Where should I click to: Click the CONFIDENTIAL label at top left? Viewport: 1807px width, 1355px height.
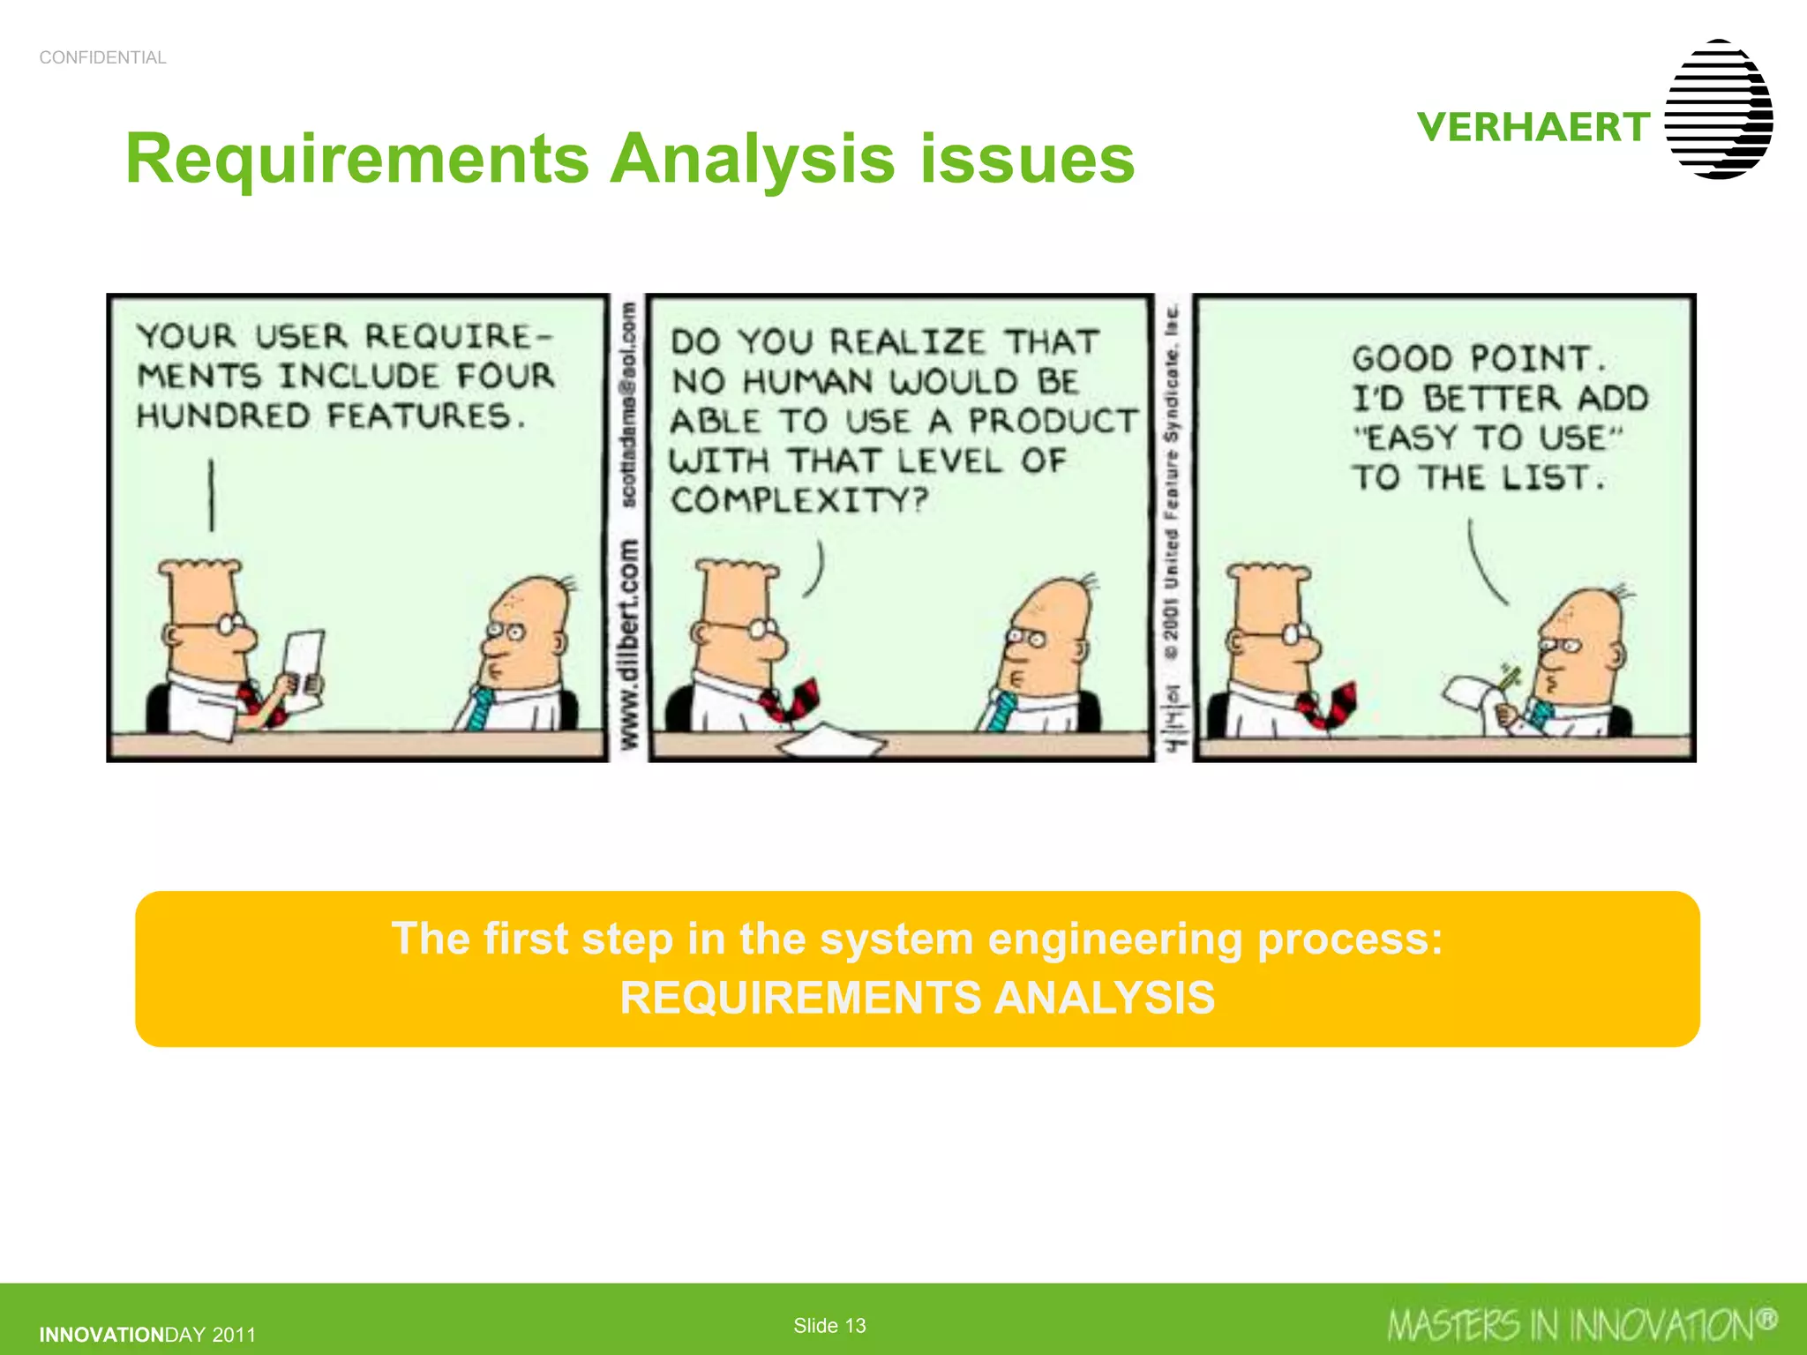102,58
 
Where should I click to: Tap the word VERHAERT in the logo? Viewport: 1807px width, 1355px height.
1533,127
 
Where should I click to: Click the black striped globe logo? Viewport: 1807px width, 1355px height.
1719,109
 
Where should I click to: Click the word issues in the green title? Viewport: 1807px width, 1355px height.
1027,160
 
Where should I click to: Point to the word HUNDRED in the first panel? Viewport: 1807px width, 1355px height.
222,415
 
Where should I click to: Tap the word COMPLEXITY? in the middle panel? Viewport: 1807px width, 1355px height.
799,501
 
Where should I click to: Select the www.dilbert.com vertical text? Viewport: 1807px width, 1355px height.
628,644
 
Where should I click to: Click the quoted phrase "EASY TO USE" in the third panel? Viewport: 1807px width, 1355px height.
1488,438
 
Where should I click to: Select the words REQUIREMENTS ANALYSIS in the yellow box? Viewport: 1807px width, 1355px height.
917,999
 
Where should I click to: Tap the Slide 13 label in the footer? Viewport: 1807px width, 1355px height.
829,1325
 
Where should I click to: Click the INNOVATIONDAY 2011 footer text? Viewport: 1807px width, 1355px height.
147,1335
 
